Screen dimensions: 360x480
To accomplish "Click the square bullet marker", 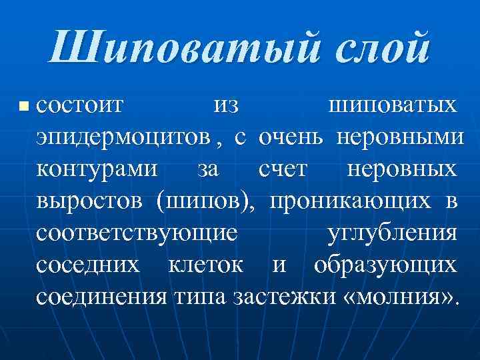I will tap(24, 105).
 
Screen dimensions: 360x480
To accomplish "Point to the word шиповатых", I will tap(393, 105).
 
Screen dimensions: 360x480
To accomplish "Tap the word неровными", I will tap(401, 137).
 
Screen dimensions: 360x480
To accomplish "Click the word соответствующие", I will tap(137, 233).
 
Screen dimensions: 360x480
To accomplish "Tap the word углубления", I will tap(393, 233).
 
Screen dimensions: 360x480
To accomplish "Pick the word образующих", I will tap(385, 265).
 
